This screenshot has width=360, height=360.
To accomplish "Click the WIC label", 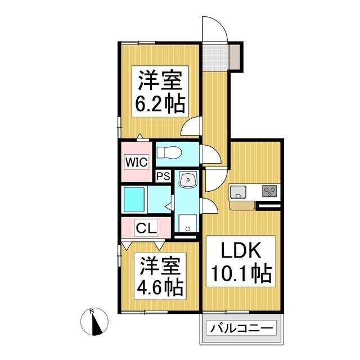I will pos(136,163).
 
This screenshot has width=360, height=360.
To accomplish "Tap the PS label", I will pos(163,177).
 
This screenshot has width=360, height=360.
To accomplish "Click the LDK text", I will pos(238,249).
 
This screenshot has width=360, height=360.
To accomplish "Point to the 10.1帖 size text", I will pos(240,274).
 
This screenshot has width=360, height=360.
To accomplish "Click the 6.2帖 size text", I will pos(159,105).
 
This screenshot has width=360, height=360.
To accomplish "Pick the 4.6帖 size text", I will pos(160,287).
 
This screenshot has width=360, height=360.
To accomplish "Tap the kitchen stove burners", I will pos(269,191).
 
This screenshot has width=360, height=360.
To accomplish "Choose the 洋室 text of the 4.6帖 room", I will pos(159,264).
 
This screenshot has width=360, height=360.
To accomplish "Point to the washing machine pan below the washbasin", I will pos(186,223).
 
